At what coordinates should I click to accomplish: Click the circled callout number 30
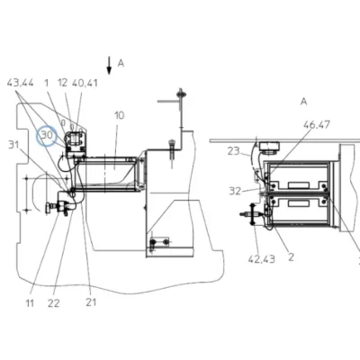coord(47,135)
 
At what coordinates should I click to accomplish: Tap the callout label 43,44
coord(21,83)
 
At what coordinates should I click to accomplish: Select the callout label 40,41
coord(85,83)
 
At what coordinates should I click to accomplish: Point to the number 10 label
coord(119,115)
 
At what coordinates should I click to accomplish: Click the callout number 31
coord(13,145)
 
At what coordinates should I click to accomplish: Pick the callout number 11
coord(30,303)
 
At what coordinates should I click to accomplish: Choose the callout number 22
coord(54,303)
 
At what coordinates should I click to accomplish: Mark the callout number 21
coord(91,302)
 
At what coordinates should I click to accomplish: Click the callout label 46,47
coord(317,124)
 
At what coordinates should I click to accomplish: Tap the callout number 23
coord(233,151)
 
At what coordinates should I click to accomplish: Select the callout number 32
coord(235,191)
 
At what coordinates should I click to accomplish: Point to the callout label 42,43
coord(262,259)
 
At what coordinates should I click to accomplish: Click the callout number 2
coord(291,257)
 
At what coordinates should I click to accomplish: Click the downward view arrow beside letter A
coord(109,66)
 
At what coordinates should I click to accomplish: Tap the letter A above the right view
coord(304,102)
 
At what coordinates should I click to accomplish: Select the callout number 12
coord(63,83)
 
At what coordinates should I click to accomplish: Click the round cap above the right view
coord(269,148)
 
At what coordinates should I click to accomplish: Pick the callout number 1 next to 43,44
coord(46,83)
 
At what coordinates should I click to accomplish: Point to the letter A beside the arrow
coord(121,63)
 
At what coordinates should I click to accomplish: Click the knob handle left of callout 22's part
coord(48,209)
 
